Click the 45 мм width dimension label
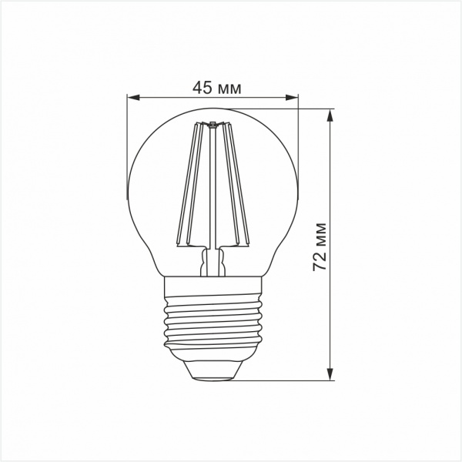tap(217, 88)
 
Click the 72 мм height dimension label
tap(320, 247)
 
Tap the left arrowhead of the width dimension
tap(133, 98)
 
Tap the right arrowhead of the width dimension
tap(292, 98)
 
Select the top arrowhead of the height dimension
tap(330, 115)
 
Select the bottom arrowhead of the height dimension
tap(330, 374)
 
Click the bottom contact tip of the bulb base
tap(212, 378)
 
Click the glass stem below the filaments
tap(213, 262)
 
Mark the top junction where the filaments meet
tap(213, 124)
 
